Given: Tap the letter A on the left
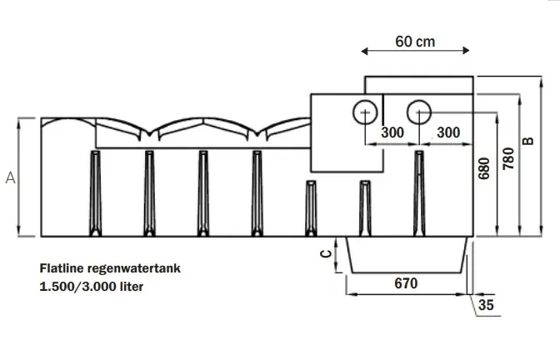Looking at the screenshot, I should coord(10,177).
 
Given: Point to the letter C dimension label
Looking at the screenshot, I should coord(326,255).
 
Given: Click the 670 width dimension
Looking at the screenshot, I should coord(405,283).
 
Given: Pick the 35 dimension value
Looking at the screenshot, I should coord(487,305).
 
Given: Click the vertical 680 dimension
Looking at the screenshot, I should coord(484,169).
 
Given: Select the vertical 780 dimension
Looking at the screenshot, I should coord(507,158).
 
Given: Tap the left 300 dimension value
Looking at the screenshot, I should coord(392,132).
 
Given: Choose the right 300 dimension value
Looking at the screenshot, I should coord(447,132).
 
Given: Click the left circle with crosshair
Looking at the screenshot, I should coord(364,112).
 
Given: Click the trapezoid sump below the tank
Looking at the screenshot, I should coord(406,253).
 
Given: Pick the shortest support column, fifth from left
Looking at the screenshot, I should coord(311,207).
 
